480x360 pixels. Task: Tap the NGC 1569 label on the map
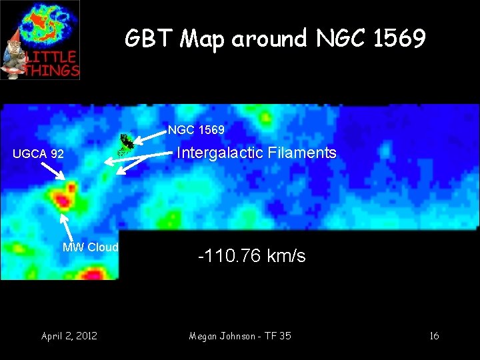[196, 129]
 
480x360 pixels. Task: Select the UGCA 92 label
[39, 154]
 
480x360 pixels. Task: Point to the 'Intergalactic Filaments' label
[256, 153]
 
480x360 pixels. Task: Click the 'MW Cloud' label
[90, 247]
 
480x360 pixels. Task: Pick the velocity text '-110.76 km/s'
[252, 256]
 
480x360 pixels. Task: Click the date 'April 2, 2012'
[69, 335]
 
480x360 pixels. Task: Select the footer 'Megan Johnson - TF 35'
[240, 335]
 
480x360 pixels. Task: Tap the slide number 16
[434, 335]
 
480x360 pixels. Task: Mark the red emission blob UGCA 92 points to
[65, 198]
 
